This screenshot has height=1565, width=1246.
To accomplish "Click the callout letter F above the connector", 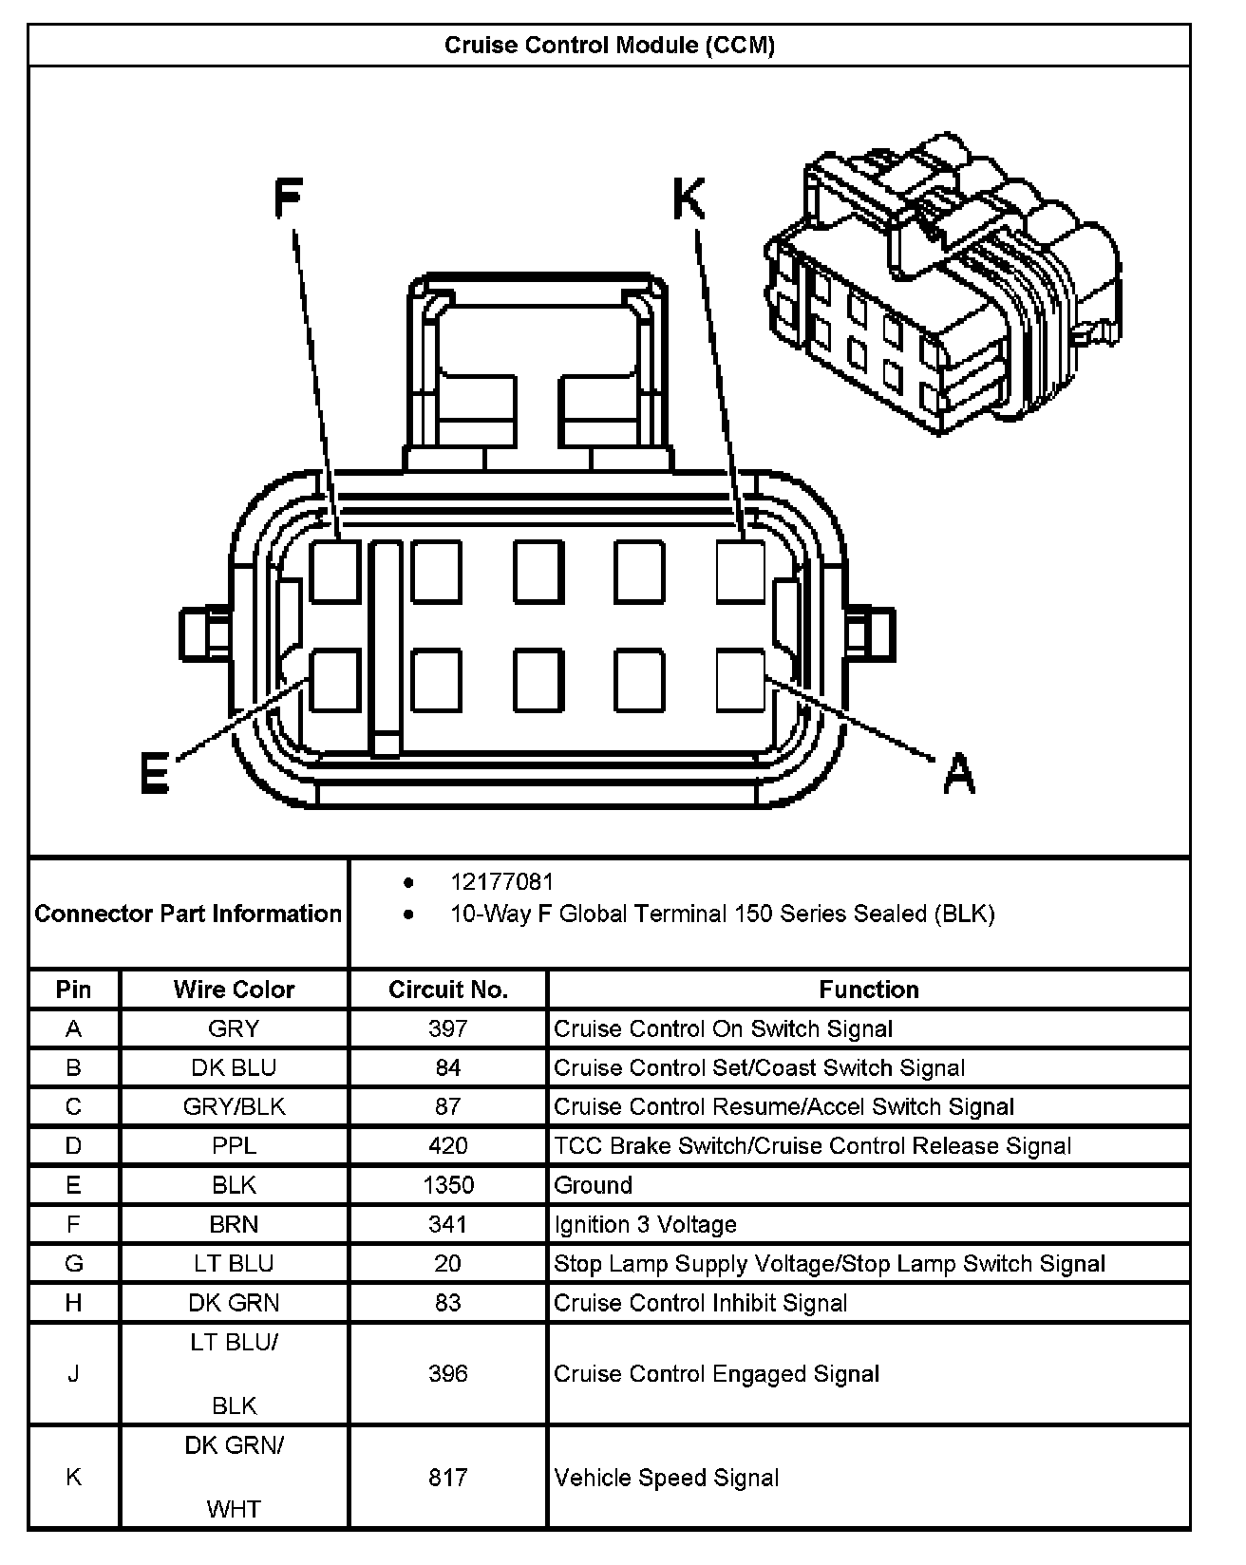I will pos(287,199).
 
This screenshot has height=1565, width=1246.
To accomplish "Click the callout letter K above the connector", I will pos(689,200).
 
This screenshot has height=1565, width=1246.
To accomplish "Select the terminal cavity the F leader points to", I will pos(335,571).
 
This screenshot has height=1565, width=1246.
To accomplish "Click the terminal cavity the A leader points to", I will pos(741,679).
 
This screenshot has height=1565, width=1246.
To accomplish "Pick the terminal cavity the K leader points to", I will pos(741,571).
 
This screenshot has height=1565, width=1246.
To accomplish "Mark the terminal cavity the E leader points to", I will pos(335,679).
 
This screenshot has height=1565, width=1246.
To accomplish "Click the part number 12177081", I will pos(501,882).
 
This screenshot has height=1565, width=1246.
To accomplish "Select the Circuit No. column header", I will pos(448,990).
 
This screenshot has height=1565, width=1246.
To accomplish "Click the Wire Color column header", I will pos(234,990).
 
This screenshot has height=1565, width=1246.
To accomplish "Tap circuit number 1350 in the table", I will pos(448,1185).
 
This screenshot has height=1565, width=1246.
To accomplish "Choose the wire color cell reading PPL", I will pos(234,1146).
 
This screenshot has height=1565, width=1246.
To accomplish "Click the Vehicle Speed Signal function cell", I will pos(667,1478).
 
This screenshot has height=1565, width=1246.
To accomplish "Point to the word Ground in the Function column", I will pos(593,1185).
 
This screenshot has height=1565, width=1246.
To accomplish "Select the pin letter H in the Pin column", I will pos(73,1303).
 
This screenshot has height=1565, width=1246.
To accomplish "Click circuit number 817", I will pos(448,1478).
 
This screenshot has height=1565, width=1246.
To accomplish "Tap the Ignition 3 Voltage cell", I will pos(645,1224).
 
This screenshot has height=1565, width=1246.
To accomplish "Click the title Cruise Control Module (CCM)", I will pos(610,46).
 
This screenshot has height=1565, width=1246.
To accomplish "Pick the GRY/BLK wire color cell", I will pos(234,1107).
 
